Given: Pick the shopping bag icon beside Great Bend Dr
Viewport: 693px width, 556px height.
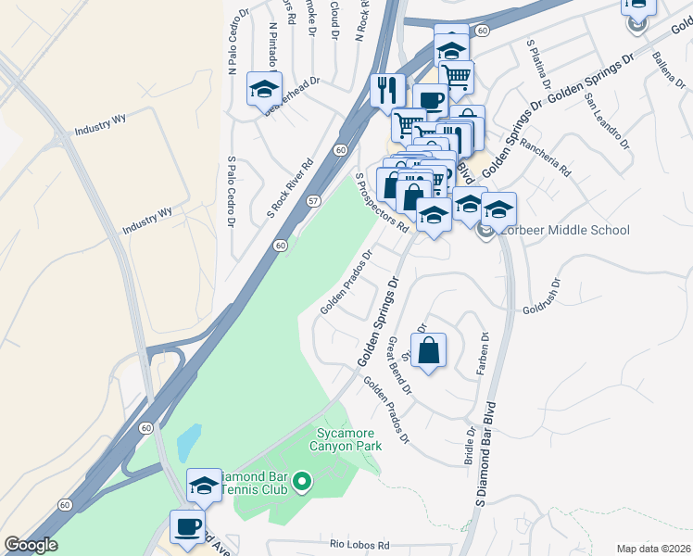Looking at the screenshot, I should [x=427, y=351].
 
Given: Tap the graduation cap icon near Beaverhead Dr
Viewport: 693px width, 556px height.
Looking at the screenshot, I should [x=264, y=89].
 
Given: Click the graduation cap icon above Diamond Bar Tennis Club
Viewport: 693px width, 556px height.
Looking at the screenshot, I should [x=204, y=485].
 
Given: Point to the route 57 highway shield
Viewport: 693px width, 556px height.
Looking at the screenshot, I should [x=315, y=201].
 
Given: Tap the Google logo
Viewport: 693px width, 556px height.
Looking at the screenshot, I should [x=31, y=545].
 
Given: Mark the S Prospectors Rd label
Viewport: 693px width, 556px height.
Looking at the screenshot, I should [x=383, y=200].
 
